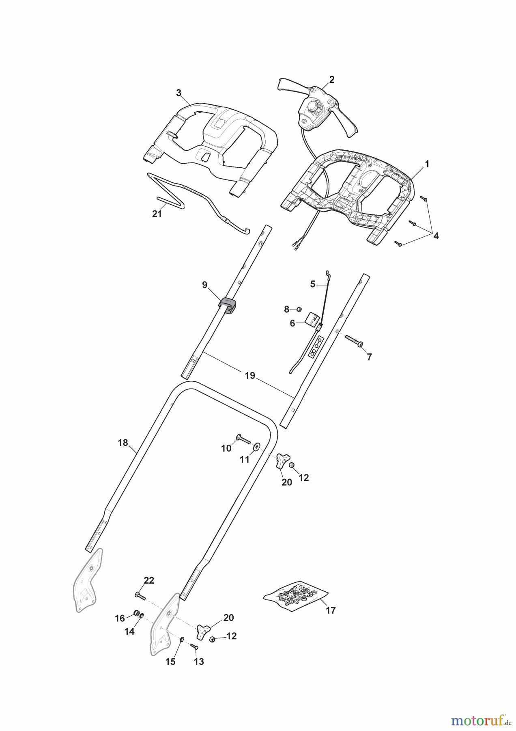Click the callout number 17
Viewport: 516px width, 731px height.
click(331, 610)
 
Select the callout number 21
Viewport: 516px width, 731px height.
click(157, 214)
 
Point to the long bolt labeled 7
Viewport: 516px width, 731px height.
click(354, 340)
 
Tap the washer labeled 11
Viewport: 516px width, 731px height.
click(256, 447)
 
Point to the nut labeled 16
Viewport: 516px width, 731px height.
click(136, 613)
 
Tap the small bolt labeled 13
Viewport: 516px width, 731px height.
click(193, 646)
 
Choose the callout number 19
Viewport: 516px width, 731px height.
click(250, 376)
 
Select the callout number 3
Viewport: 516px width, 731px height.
click(178, 93)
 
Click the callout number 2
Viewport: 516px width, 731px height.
click(332, 80)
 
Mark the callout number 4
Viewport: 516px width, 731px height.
click(436, 236)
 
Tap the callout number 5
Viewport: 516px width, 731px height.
click(312, 284)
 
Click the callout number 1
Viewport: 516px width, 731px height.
click(427, 164)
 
